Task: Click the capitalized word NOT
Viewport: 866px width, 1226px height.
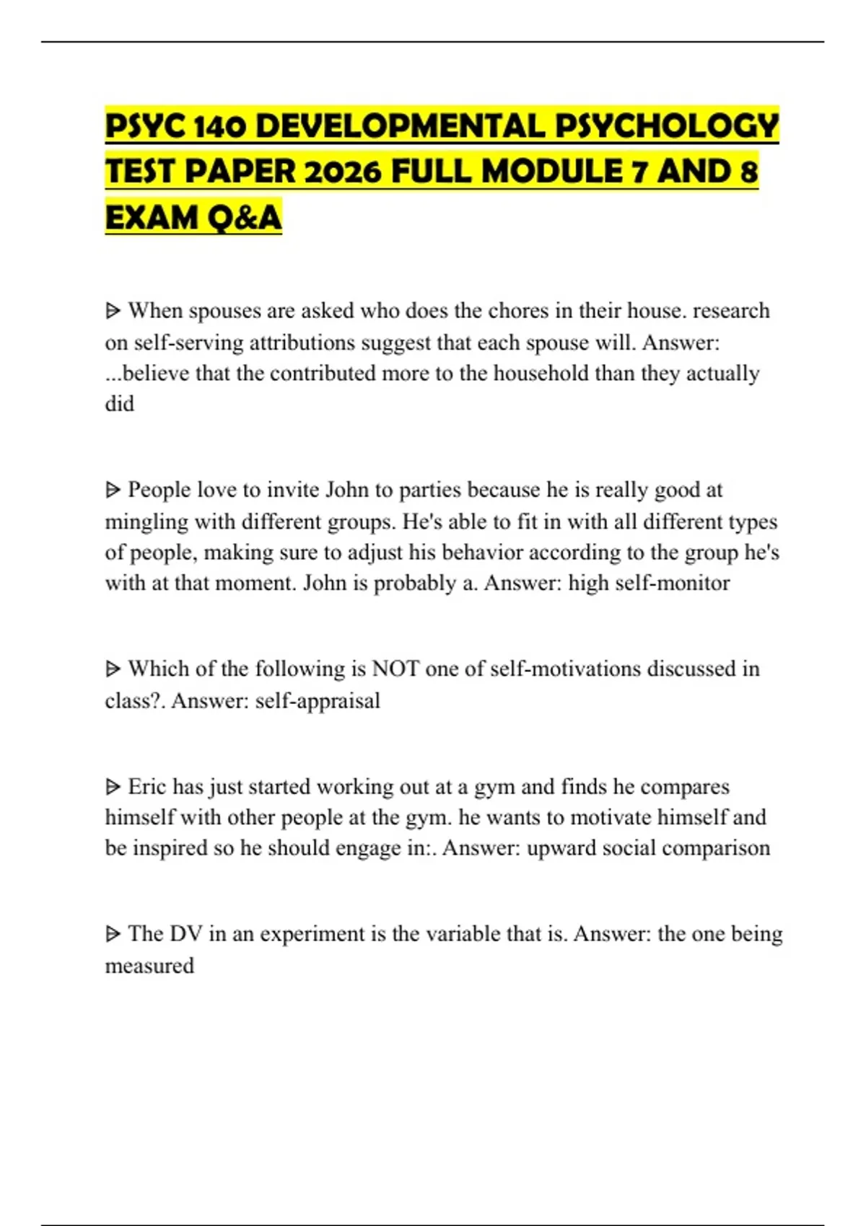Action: click(395, 669)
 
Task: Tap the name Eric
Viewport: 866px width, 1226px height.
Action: click(146, 786)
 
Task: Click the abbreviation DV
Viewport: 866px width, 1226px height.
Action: click(185, 934)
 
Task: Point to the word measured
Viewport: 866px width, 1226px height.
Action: click(149, 966)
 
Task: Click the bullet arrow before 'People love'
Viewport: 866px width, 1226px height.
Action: click(113, 490)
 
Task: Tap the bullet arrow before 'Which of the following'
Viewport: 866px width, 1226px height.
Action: click(113, 669)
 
